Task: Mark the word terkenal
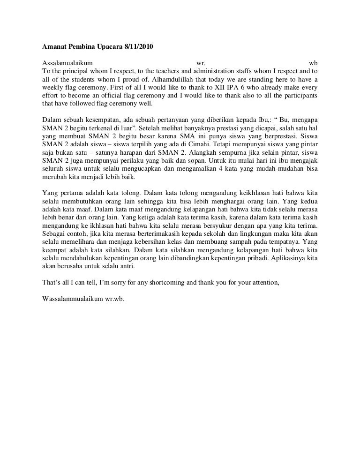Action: click(x=95, y=128)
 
